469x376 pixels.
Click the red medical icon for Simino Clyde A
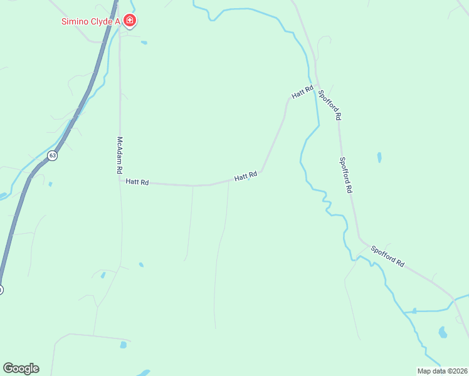130,21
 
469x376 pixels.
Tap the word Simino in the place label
75,21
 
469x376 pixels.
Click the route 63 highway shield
53,155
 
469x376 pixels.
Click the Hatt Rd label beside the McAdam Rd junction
137,182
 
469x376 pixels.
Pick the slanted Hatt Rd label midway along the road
246,177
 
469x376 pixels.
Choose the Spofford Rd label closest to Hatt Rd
330,105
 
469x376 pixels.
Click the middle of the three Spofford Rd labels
346,174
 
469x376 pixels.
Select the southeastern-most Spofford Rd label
387,255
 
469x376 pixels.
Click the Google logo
21,368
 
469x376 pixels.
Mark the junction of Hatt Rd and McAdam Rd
120,182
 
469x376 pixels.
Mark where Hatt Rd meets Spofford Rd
317,86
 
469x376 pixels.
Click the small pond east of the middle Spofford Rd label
379,157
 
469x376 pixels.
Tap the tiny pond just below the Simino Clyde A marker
144,43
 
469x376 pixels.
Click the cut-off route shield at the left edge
1,290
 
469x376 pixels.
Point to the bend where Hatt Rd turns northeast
261,171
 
